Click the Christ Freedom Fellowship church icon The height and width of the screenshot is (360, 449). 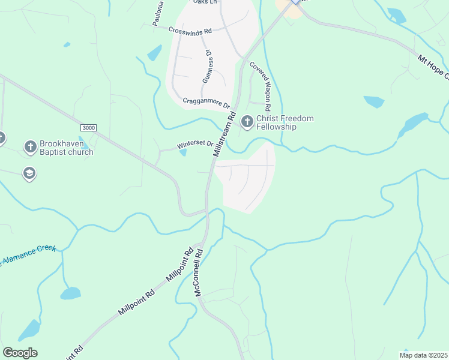click(x=247, y=122)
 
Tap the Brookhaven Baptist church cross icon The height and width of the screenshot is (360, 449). click(x=30, y=147)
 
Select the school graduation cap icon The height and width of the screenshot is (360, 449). click(x=29, y=174)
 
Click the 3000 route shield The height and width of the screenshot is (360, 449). click(x=88, y=128)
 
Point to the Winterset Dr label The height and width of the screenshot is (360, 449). click(x=195, y=145)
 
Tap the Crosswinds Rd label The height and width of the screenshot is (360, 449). click(x=190, y=30)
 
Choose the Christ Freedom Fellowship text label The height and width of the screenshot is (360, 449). click(x=285, y=122)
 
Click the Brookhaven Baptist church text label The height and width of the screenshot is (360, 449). click(x=66, y=148)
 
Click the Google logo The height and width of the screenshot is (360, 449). click(x=20, y=353)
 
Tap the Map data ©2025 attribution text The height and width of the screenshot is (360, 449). click(x=423, y=355)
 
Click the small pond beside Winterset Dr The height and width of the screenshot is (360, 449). click(x=182, y=152)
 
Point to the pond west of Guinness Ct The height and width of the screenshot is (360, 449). click(x=155, y=53)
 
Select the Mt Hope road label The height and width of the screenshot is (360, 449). click(x=433, y=67)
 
